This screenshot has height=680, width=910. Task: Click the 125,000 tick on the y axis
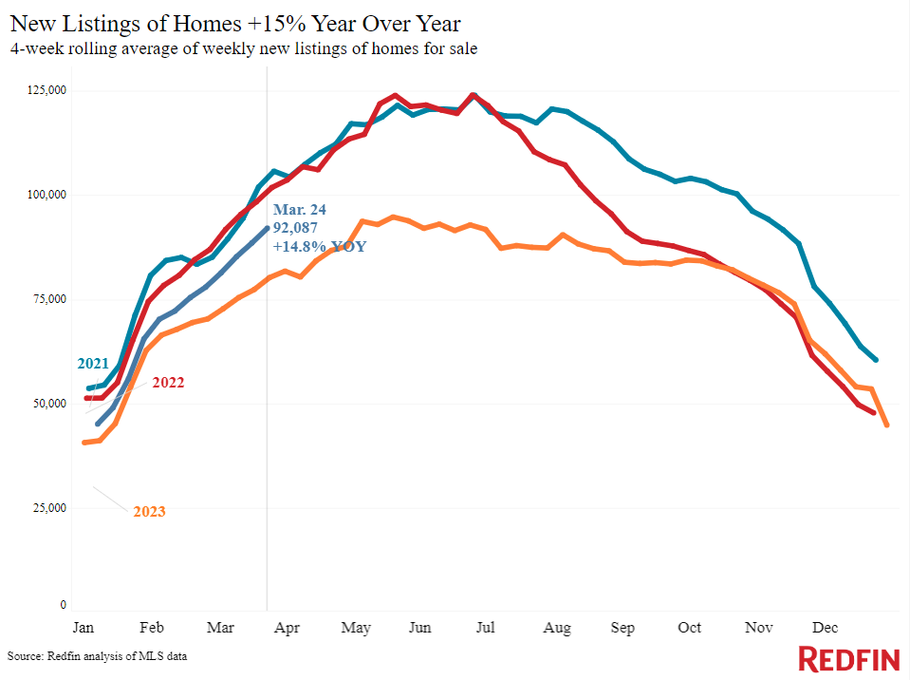point(47,90)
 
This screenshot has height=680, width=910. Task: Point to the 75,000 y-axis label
point(49,299)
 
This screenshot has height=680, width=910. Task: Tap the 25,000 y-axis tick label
point(49,508)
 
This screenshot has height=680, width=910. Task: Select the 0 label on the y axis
point(64,605)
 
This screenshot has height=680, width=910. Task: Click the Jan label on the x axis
point(83,628)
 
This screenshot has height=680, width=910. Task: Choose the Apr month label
point(287,629)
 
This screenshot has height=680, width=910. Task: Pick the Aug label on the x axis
point(557,629)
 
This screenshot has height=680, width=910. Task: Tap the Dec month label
point(825,628)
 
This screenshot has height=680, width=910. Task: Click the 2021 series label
point(93,364)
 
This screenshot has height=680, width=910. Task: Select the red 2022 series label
point(168,383)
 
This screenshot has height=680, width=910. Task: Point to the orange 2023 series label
point(149,512)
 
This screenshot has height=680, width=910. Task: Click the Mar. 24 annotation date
point(300,209)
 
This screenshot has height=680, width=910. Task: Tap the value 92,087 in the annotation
point(295,228)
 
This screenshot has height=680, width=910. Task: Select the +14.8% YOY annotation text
point(320,246)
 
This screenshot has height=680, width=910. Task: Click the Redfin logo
point(849,659)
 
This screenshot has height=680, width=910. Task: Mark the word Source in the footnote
point(25,656)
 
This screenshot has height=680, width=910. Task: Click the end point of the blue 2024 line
point(267,228)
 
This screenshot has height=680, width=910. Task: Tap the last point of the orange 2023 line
point(887,425)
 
